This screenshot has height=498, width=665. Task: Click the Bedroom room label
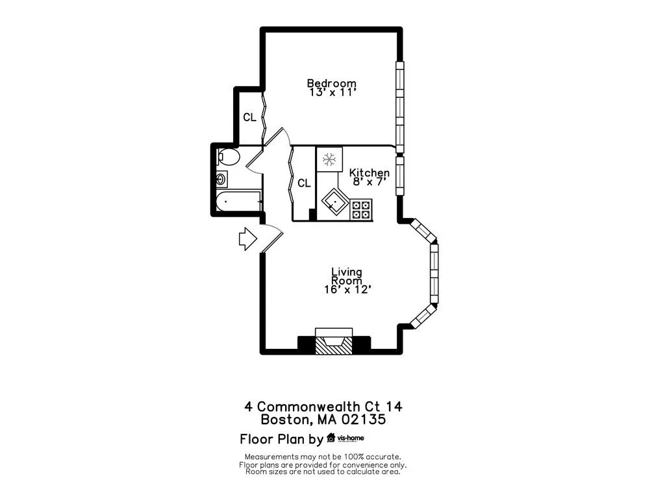pyautogui.click(x=331, y=83)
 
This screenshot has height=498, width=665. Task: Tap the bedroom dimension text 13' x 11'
pyautogui.click(x=331, y=93)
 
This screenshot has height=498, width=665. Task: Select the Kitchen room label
pyautogui.click(x=369, y=172)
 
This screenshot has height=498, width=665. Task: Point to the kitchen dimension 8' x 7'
pyautogui.click(x=369, y=182)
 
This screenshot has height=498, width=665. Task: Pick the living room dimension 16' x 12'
pyautogui.click(x=347, y=290)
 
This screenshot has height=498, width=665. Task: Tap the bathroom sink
pyautogui.click(x=222, y=179)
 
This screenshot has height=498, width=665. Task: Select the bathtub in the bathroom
pyautogui.click(x=238, y=202)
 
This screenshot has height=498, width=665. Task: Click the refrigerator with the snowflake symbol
pyautogui.click(x=328, y=159)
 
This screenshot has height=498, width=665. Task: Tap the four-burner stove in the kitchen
pyautogui.click(x=361, y=209)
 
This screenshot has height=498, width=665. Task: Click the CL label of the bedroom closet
pyautogui.click(x=249, y=117)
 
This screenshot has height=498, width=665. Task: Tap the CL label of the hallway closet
pyautogui.click(x=304, y=184)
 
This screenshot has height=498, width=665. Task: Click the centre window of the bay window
pyautogui.click(x=434, y=272)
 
